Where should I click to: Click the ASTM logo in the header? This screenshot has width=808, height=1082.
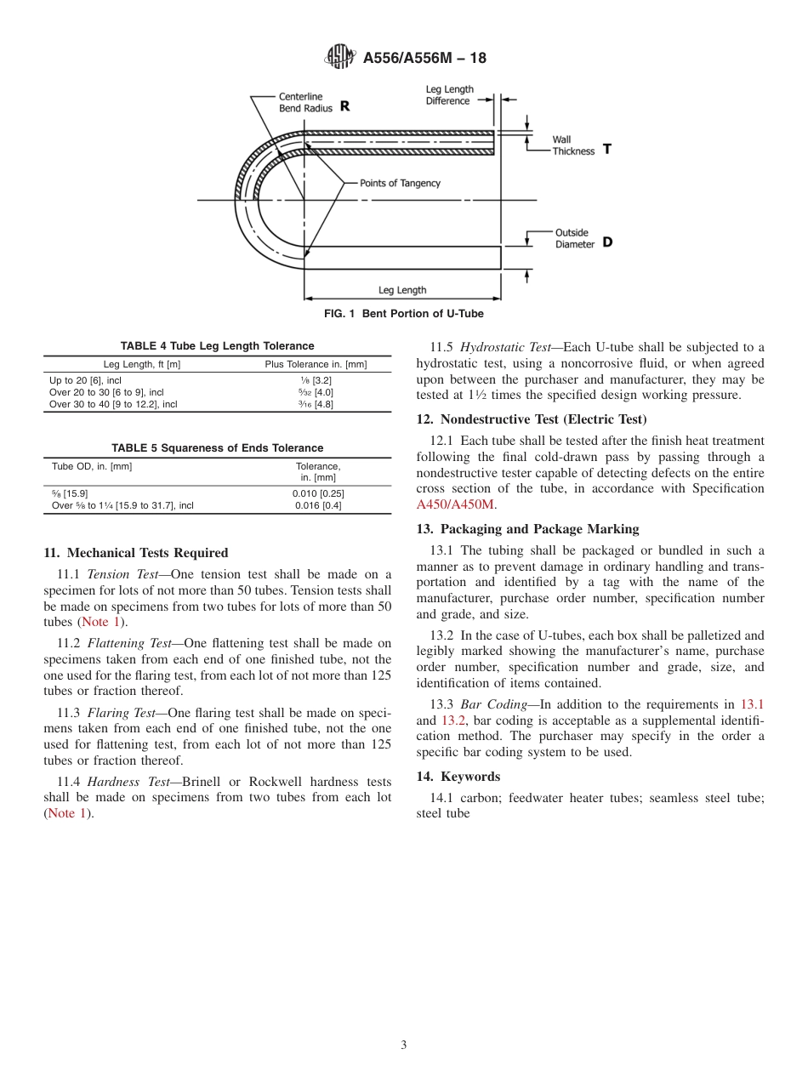tap(341, 58)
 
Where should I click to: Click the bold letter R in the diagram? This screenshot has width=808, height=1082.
tap(344, 106)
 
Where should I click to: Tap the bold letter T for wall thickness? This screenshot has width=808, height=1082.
tap(606, 148)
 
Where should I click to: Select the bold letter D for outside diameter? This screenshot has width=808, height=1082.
tap(606, 242)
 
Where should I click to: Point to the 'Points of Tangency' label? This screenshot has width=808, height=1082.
tap(400, 183)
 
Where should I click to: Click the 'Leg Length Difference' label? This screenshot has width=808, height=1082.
tap(449, 95)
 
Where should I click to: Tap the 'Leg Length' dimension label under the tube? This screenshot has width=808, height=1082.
tap(402, 290)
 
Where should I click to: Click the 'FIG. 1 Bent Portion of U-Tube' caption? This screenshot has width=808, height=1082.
tap(404, 314)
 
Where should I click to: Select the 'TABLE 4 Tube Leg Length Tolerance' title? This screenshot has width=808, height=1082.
tap(217, 346)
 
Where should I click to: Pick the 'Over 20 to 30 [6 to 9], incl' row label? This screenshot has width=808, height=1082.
tap(106, 392)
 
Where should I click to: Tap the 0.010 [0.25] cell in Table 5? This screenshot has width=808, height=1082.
tap(317, 493)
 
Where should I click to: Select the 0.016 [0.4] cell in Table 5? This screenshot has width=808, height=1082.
tap(317, 505)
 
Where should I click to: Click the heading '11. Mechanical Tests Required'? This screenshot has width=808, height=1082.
tap(136, 553)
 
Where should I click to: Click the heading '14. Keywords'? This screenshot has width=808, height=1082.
tap(458, 777)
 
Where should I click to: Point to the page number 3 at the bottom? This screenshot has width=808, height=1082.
tap(404, 1045)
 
